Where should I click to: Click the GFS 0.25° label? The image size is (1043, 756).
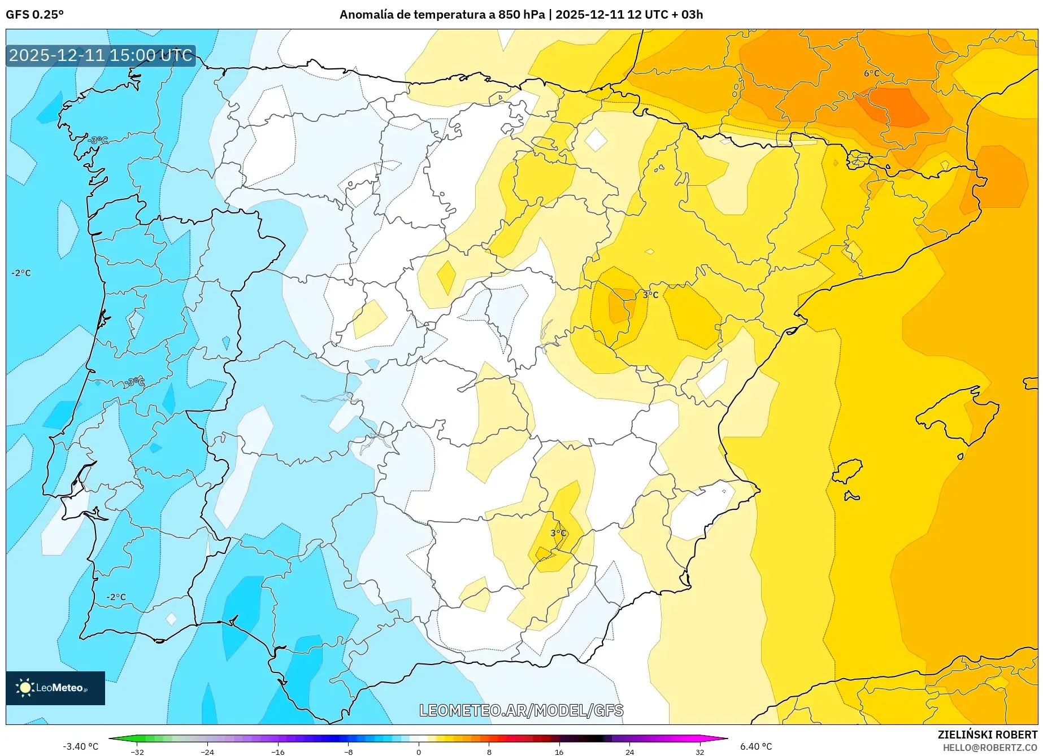(x=34, y=15)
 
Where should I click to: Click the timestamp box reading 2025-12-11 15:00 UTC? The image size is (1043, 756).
(x=101, y=55)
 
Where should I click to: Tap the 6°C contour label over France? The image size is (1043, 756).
(x=871, y=73)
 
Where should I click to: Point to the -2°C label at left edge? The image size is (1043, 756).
(x=21, y=273)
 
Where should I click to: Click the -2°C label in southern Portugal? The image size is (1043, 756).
(x=116, y=597)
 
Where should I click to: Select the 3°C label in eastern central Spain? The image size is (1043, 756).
(x=650, y=295)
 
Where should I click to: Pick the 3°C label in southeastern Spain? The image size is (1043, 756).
(x=558, y=533)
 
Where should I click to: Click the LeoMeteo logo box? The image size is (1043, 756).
(x=55, y=688)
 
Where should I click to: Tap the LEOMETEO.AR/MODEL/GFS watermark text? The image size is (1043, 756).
(x=521, y=710)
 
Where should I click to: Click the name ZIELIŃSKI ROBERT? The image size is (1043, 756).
(x=987, y=735)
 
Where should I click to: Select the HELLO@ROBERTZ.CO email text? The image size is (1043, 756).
(x=989, y=748)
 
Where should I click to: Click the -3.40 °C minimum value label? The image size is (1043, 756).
(x=80, y=746)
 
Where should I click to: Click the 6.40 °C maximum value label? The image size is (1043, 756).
(x=756, y=746)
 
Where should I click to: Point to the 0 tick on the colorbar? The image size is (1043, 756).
(x=419, y=751)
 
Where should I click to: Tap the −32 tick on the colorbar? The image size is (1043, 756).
(x=137, y=751)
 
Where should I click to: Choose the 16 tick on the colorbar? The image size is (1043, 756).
(x=559, y=751)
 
